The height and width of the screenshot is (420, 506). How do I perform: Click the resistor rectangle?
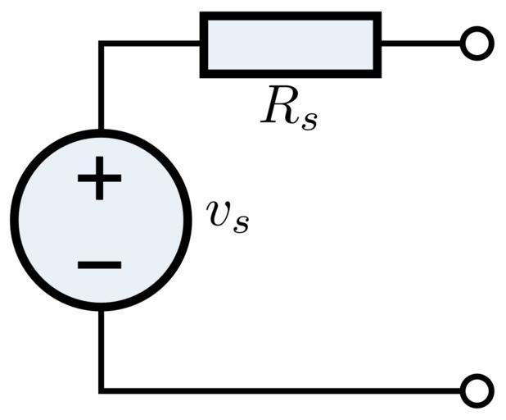tap(291, 44)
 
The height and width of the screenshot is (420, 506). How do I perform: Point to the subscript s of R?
tap(308, 120)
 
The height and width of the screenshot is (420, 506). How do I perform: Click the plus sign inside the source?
tap(100, 178)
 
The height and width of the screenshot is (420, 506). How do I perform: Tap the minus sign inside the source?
tap(100, 264)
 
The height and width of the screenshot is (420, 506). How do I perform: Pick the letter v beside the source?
tap(219, 215)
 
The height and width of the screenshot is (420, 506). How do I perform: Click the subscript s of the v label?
tap(240, 224)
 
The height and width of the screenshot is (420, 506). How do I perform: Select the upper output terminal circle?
tap(477, 43)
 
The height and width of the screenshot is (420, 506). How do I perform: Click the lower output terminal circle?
tap(477, 390)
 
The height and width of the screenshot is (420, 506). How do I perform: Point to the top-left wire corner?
tap(101, 43)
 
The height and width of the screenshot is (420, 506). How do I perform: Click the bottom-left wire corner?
tap(101, 390)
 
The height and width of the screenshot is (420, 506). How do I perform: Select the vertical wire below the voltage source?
tap(101, 349)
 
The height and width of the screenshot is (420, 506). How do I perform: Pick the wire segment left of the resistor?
tap(151, 43)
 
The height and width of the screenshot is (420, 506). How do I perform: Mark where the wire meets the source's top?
tap(101, 132)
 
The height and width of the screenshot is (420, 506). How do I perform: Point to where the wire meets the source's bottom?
tap(101, 308)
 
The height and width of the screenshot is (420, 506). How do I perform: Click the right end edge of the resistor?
tap(378, 44)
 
